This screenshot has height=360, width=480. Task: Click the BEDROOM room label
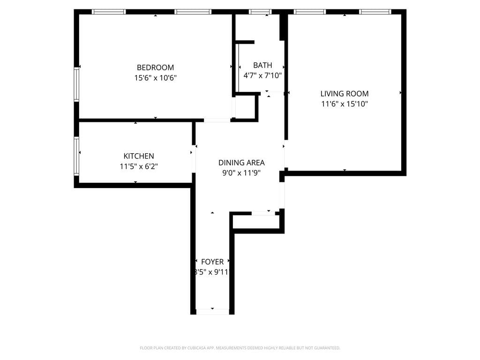pos(155,67)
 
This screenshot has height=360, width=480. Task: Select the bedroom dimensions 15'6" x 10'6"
pos(155,78)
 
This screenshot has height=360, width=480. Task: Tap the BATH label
pos(262,65)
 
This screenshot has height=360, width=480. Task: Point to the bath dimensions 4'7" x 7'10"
pos(262,75)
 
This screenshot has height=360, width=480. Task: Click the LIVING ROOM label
pos(344,94)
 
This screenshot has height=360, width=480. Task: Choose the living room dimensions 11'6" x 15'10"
pos(344,104)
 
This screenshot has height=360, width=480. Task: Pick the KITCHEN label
pos(138,156)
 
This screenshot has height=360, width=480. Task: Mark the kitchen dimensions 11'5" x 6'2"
pos(138,166)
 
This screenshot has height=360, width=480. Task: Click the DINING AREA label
pos(241,163)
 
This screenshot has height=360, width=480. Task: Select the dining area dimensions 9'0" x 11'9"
pos(241,172)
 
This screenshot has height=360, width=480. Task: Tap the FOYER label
pos(212,262)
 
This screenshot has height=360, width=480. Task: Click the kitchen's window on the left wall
pos(76,156)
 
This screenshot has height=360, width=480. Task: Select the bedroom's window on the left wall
pos(76,84)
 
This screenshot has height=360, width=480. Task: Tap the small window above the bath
pos(260,12)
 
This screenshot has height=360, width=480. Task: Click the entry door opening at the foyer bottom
pos(212,312)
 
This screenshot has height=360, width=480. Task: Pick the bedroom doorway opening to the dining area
pos(217,120)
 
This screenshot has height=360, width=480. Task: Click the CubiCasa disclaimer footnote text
pos(240,348)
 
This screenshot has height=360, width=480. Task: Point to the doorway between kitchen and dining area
pos(193,159)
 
